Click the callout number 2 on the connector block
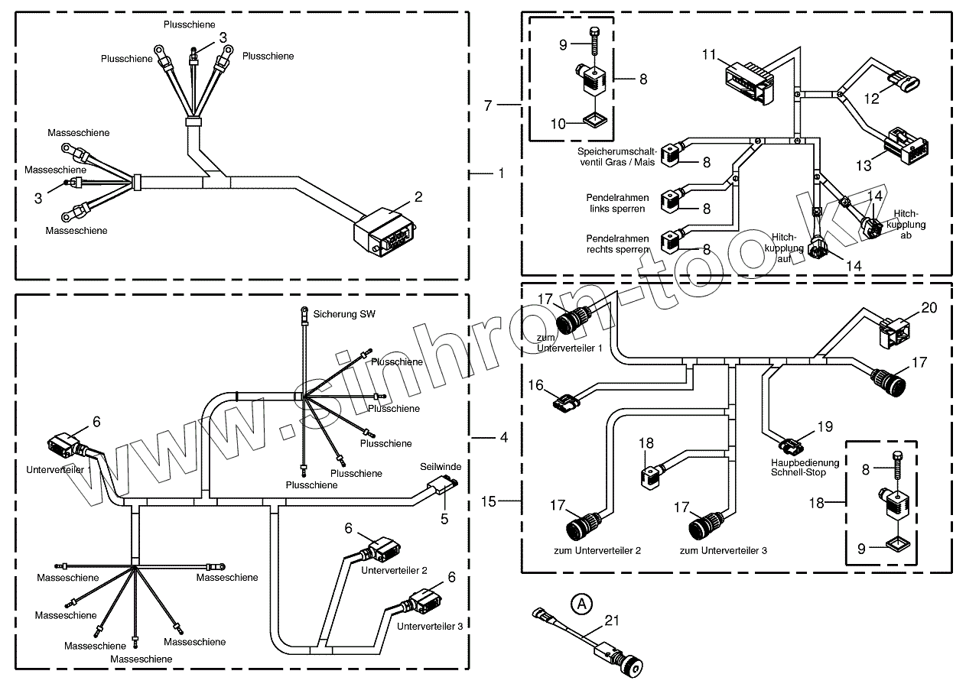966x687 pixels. coord(418,196)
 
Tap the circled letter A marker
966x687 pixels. coord(582,604)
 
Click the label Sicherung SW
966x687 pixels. coord(344,314)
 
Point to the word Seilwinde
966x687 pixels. coord(439,465)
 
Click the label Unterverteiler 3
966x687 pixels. coord(429,626)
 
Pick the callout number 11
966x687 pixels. coord(709,54)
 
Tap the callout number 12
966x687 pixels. coord(872,98)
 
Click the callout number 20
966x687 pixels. coord(929,308)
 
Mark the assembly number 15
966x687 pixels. coord(490,501)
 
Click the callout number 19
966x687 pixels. coord(825,427)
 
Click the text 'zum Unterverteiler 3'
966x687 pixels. coord(724,550)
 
